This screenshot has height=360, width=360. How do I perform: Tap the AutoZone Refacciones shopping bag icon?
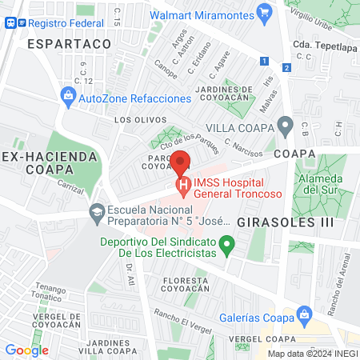68,98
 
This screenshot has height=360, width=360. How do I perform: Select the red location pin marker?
182,163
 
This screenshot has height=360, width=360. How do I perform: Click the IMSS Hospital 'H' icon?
183,189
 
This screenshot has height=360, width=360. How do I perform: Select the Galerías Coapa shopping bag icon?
303,314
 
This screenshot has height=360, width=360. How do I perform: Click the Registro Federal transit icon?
8,23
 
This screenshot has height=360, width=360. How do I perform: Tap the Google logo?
26,350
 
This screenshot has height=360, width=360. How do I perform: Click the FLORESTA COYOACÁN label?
186,285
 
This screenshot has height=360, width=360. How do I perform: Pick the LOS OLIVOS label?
134,120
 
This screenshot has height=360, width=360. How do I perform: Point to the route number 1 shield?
264,61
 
